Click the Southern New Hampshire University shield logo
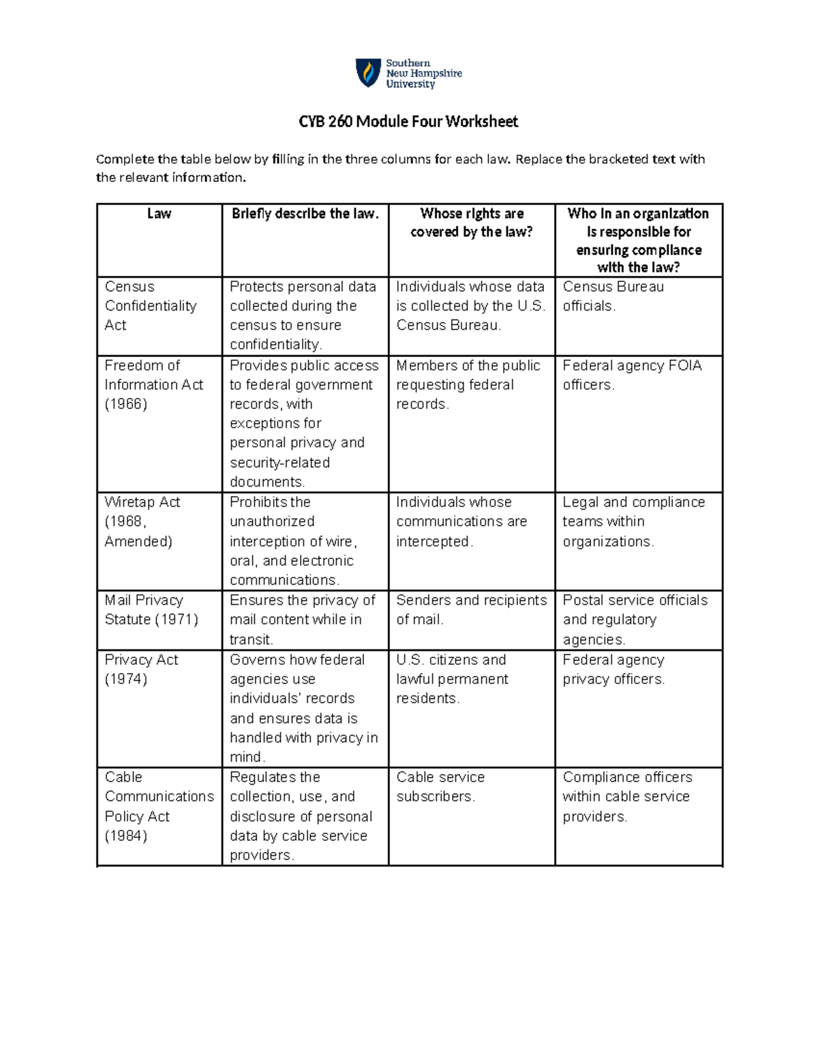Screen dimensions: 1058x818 (x=368, y=73)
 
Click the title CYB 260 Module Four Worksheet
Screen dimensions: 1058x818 (x=408, y=122)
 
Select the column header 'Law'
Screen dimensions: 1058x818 (x=159, y=214)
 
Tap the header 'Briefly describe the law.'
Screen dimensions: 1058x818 (x=305, y=214)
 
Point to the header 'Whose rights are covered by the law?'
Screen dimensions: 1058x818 (x=472, y=223)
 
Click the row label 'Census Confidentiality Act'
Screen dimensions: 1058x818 (x=151, y=306)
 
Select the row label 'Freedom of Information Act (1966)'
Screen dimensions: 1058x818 (x=153, y=384)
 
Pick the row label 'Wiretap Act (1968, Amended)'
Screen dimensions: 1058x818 (x=142, y=521)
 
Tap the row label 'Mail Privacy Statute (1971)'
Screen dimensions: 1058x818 (x=151, y=610)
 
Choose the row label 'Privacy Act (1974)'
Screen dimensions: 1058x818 (x=141, y=669)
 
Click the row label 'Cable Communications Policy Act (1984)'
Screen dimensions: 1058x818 (x=159, y=806)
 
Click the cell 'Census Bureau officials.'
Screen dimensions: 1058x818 (x=613, y=296)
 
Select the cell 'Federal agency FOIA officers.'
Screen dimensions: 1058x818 (x=632, y=375)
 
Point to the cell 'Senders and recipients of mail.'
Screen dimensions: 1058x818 (x=471, y=610)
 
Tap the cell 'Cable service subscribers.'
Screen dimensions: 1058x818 (x=440, y=787)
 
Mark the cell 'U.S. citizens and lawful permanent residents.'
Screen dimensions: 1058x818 (x=452, y=679)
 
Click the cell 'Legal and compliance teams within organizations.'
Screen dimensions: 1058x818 (x=633, y=521)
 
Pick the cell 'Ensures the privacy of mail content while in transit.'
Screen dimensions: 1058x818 (x=302, y=619)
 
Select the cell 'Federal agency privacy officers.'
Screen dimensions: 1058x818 (x=613, y=669)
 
